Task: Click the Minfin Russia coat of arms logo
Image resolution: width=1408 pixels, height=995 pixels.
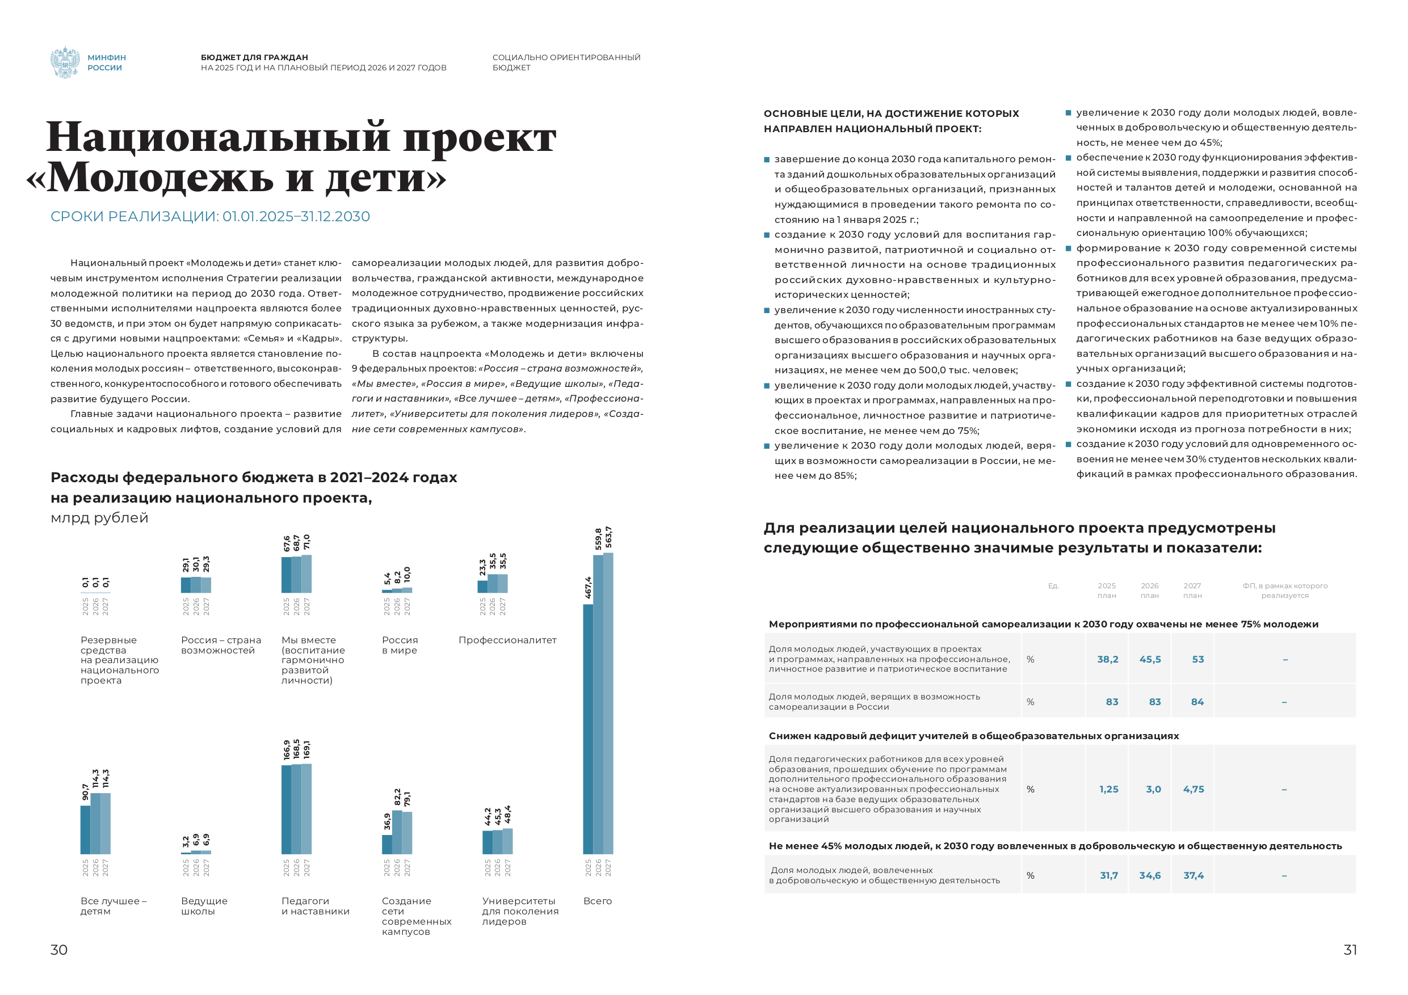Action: click(x=65, y=62)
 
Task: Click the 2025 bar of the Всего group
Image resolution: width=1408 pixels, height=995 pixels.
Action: click(x=588, y=729)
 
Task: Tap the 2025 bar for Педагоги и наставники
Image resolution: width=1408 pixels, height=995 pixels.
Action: click(x=287, y=810)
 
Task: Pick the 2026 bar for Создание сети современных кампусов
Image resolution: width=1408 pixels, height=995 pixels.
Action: click(x=397, y=832)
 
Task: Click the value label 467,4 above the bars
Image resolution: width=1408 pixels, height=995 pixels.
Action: click(x=588, y=587)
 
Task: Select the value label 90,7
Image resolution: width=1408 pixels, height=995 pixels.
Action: click(x=85, y=791)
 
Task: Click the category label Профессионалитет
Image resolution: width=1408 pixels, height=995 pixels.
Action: click(x=507, y=640)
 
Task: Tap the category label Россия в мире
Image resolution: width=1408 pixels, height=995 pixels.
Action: click(x=400, y=645)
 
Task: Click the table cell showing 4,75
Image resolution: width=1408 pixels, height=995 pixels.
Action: click(x=1193, y=789)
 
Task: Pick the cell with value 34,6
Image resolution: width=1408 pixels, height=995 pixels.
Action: click(x=1150, y=875)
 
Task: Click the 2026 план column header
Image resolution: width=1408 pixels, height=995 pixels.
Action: click(x=1150, y=591)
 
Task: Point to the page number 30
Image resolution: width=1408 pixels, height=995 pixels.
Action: click(x=59, y=950)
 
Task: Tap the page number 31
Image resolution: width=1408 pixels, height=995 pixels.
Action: click(x=1350, y=950)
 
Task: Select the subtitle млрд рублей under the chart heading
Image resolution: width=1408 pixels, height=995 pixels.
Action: click(x=99, y=518)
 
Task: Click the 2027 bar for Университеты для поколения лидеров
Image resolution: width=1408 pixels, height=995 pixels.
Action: click(x=508, y=841)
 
